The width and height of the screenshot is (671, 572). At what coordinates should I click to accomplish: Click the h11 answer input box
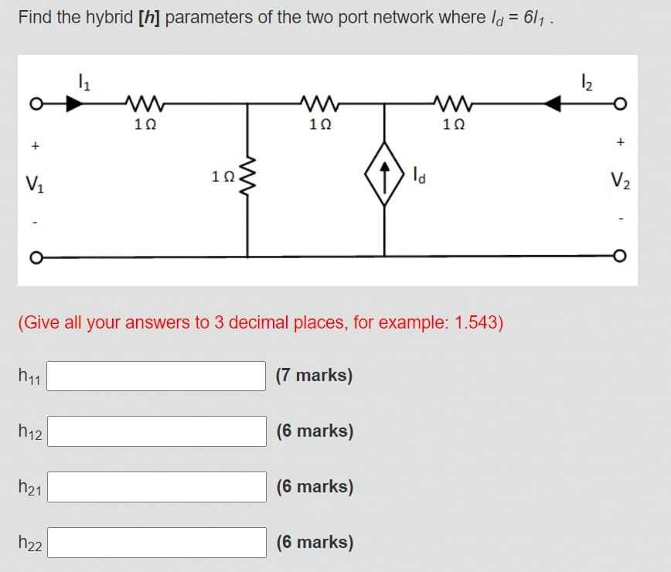[158, 376]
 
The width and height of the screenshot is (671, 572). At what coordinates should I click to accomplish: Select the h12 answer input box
[158, 431]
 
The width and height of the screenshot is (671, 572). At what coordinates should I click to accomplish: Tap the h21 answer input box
[158, 487]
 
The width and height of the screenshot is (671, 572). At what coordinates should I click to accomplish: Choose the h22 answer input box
[158, 543]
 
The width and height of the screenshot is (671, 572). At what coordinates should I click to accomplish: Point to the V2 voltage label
[620, 183]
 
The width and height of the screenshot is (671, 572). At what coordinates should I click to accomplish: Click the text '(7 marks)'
[314, 376]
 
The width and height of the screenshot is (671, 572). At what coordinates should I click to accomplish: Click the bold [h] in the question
[148, 17]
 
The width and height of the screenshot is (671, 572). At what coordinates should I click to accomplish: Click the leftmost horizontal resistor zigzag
[142, 102]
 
